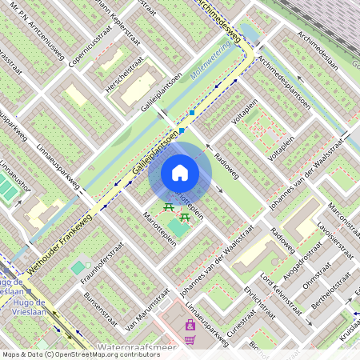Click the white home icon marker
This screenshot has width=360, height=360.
coord(180,173)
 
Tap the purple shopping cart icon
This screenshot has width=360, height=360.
coord(190,340)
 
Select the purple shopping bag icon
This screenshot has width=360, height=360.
coord(190,325)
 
